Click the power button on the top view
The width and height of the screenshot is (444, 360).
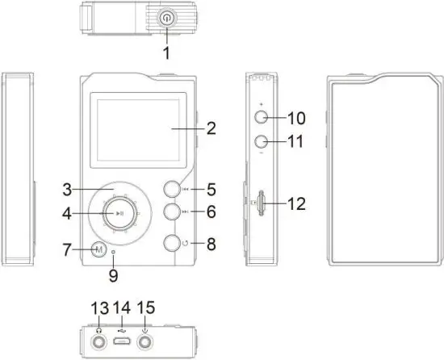[166, 15]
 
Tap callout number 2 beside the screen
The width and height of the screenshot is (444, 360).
[212, 127]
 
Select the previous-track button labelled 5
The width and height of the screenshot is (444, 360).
[172, 190]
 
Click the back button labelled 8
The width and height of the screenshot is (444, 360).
[172, 242]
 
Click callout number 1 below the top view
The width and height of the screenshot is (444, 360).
[166, 54]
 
